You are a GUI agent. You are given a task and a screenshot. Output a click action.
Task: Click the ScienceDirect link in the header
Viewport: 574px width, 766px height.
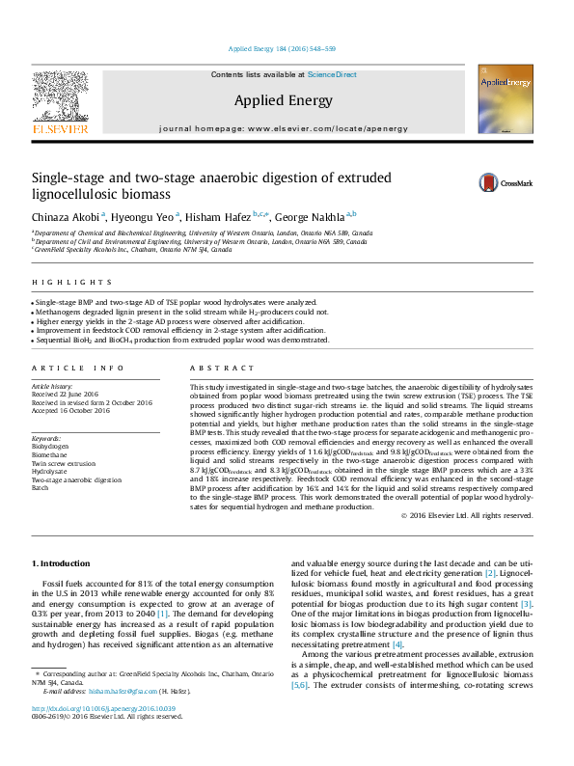click(335, 74)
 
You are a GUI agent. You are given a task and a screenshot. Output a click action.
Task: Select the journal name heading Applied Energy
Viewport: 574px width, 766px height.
click(284, 100)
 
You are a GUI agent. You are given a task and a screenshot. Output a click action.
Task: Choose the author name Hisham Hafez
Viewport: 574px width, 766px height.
click(217, 216)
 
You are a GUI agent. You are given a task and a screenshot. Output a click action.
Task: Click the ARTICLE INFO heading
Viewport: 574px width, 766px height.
click(78, 369)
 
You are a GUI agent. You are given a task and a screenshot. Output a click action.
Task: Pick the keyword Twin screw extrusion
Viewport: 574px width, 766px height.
click(65, 464)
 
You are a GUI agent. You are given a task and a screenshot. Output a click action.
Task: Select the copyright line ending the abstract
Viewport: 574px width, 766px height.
click(466, 516)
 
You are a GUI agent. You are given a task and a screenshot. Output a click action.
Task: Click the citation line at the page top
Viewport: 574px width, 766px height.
click(283, 48)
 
